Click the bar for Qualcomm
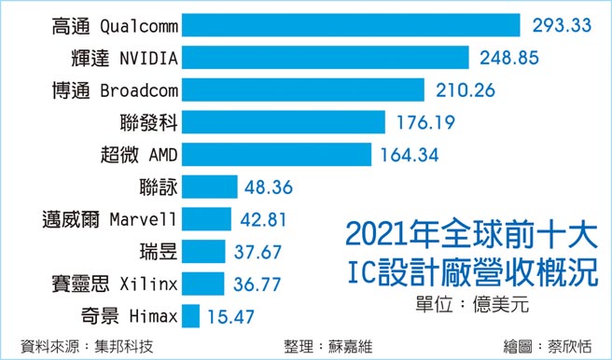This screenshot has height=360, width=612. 350,25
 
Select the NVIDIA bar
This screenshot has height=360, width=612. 324,58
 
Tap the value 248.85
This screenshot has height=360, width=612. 509,58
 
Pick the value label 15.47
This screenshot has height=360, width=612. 230,316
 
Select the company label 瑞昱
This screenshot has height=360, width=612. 155,251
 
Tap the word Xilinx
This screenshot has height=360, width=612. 149,284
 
